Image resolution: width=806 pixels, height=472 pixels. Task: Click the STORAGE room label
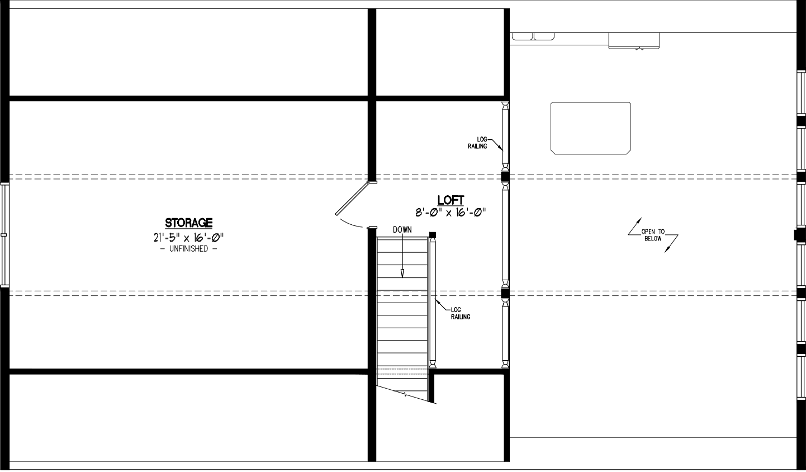188,223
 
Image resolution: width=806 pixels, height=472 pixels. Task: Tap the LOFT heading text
451,200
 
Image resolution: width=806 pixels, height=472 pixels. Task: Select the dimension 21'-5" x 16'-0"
188,238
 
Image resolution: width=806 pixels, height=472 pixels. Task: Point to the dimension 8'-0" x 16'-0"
451,213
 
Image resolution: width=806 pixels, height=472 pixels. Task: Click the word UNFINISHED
188,249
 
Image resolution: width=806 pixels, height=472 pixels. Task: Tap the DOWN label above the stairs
402,230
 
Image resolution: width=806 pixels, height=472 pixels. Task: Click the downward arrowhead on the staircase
402,273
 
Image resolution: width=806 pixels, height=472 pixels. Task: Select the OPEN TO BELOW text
653,235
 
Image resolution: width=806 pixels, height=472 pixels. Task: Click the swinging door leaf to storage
352,199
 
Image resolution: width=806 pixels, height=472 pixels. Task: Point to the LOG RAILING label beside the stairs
461,313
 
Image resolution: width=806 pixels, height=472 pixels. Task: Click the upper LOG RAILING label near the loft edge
477,143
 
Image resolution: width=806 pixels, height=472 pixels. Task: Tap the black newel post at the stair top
433,235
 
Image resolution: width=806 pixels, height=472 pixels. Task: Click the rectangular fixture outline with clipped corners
590,128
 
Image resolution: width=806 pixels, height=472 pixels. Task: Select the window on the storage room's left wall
4,235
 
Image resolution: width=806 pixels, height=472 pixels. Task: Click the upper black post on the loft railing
505,177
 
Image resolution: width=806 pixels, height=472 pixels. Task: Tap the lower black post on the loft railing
505,294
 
